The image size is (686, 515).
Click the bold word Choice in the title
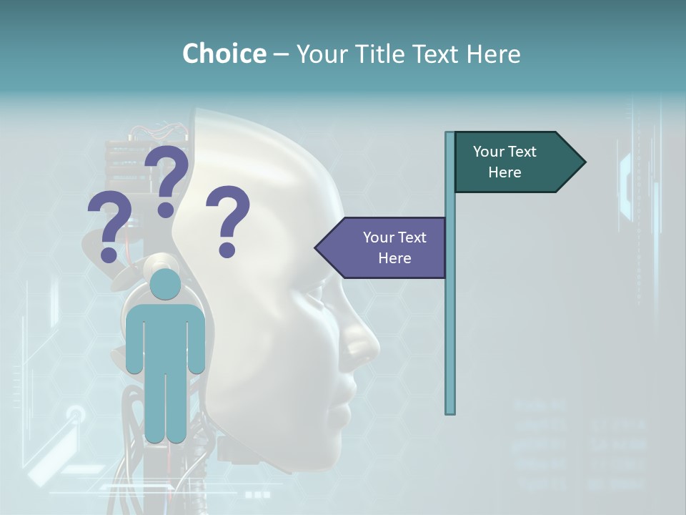tap(224, 54)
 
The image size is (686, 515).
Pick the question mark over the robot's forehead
tap(228, 221)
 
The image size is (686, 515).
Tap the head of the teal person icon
tap(165, 284)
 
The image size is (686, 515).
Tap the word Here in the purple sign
tap(394, 258)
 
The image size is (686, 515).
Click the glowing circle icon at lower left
tap(76, 414)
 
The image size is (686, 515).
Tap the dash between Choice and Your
tap(281, 54)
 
